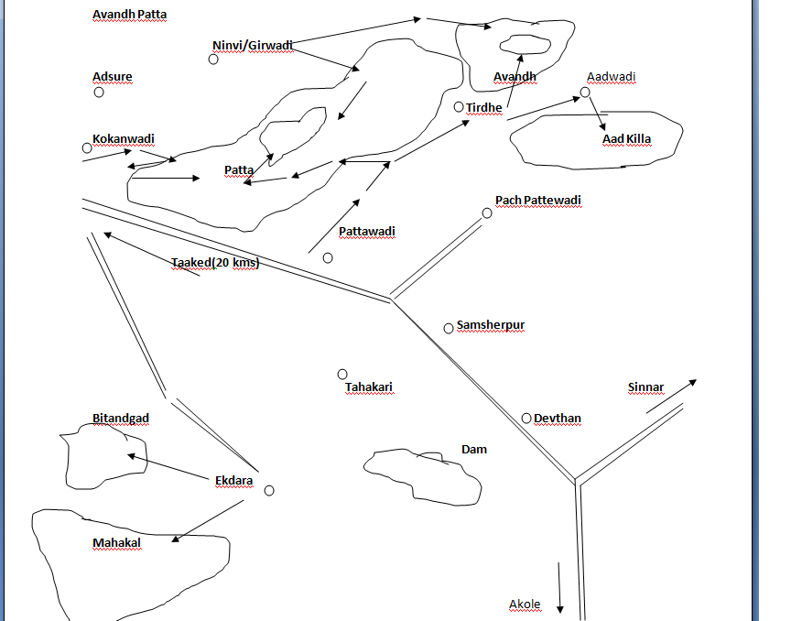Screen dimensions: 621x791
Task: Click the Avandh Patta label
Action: (129, 15)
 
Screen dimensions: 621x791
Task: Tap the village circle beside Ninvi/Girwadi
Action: (213, 60)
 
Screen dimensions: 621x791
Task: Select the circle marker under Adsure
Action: (99, 92)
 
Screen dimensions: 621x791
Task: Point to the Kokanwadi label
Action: (124, 138)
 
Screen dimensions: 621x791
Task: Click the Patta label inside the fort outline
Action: (239, 170)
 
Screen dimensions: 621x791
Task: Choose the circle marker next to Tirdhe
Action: (459, 107)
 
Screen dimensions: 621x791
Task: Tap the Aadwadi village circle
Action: (585, 93)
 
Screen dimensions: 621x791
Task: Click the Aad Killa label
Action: (626, 139)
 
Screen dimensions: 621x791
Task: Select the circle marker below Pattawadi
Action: (328, 257)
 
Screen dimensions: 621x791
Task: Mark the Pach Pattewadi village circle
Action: (487, 213)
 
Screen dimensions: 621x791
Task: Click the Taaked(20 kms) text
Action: (215, 263)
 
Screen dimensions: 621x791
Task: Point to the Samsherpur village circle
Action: (449, 328)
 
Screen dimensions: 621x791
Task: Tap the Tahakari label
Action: (369, 387)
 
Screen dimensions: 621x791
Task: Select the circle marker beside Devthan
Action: (526, 419)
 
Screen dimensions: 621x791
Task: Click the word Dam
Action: (474, 449)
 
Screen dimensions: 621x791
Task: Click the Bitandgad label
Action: (121, 419)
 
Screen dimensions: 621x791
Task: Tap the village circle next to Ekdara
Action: (269, 491)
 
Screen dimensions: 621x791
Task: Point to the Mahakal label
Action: (117, 543)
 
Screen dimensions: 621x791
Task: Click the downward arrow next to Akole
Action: (559, 608)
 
